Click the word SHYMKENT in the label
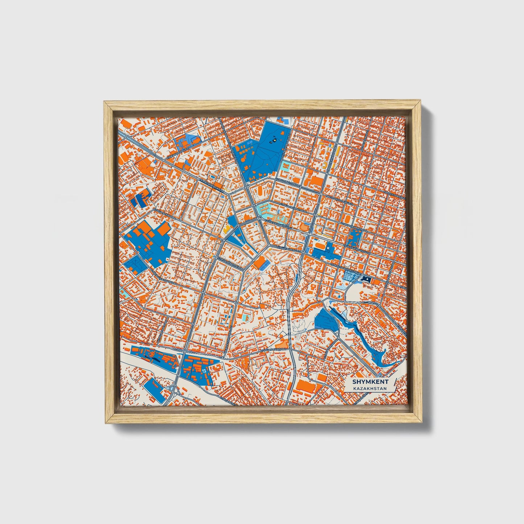tap(370, 381)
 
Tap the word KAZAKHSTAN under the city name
tap(370, 388)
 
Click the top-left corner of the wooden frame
tap(105, 103)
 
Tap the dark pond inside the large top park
tap(275, 138)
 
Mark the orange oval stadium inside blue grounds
tap(319, 246)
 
